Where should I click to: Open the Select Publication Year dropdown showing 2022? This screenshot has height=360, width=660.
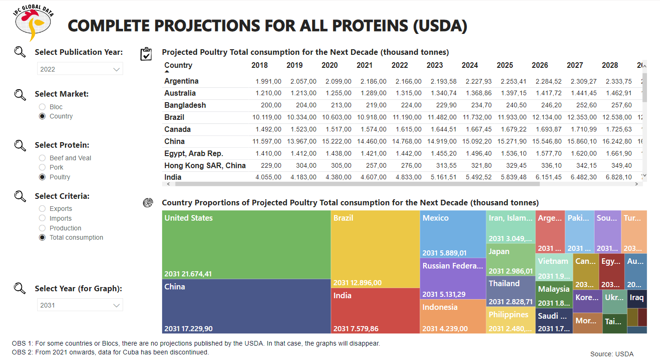click(80, 69)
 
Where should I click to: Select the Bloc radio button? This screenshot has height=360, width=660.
click(42, 107)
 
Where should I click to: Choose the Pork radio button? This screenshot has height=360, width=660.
click(42, 167)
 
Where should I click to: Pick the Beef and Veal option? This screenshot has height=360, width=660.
click(42, 158)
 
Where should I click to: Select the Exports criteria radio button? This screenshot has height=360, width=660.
click(42, 209)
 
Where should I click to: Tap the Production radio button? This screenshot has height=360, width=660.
click(42, 228)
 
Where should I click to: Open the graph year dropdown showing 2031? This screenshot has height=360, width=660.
click(80, 305)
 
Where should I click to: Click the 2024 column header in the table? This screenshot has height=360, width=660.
click(470, 65)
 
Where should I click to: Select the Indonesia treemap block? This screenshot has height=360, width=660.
click(452, 316)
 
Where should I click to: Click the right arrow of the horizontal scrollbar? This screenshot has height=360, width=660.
click(636, 184)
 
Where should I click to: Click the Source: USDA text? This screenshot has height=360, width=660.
click(611, 354)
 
